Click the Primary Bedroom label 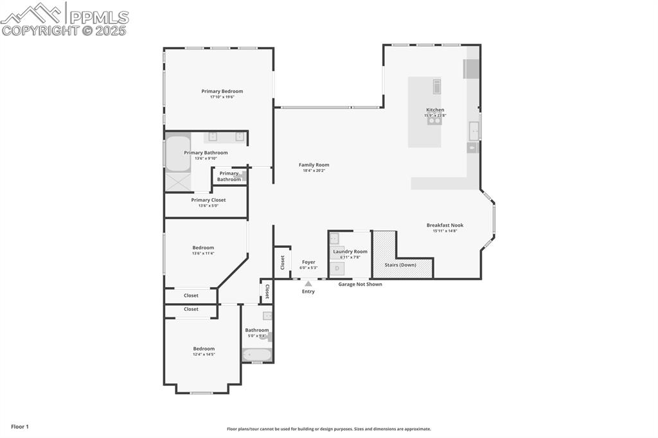pos(222,91)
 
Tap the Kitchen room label pos(435,110)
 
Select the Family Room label pos(314,165)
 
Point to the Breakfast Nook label pos(445,225)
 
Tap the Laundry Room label pos(350,252)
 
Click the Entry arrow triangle pos(308,283)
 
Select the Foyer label pos(308,262)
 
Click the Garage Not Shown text pos(360,284)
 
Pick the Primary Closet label pos(208,200)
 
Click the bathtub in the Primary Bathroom pos(178,153)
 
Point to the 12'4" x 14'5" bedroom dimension pos(204,355)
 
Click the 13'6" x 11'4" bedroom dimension pos(203,254)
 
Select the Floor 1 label pos(20,426)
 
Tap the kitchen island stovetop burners pos(434,120)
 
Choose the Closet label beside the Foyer pos(283,262)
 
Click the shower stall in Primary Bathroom pos(178,182)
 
